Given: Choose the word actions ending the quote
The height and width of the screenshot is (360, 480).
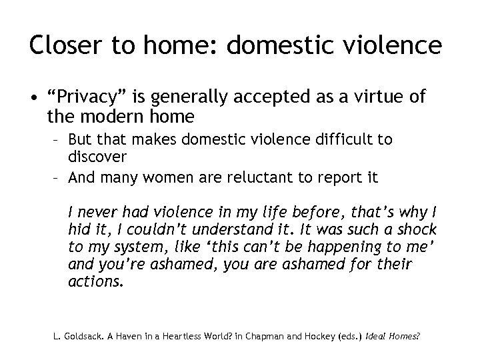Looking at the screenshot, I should tap(95, 282).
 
